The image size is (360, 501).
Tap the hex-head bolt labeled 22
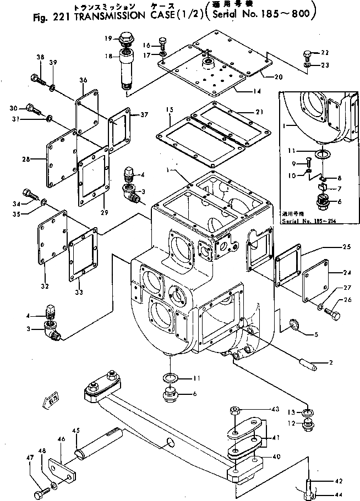307,54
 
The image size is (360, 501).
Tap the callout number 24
346,272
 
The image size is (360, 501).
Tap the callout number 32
44,285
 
